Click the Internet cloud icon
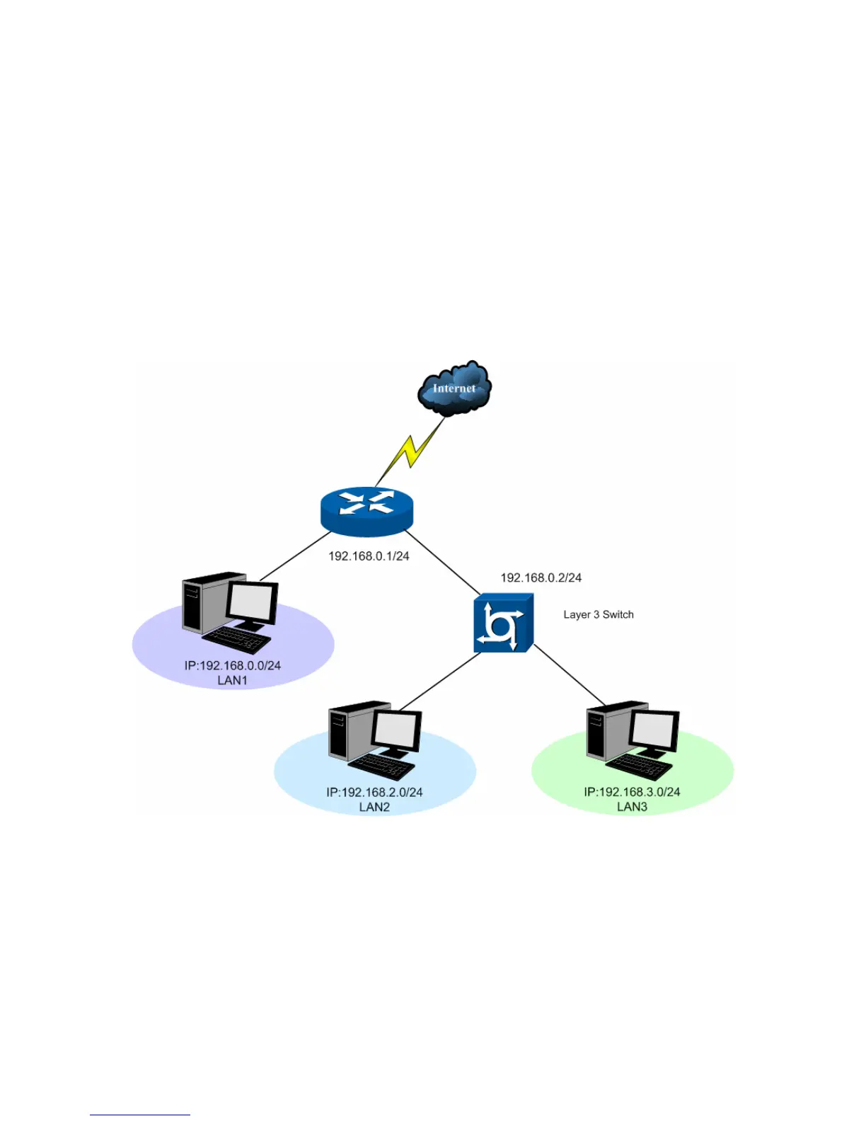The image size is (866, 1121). pyautogui.click(x=454, y=388)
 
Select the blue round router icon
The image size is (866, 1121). pyautogui.click(x=366, y=510)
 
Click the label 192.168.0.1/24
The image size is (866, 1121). pyautogui.click(x=369, y=556)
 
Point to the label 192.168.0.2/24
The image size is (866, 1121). pyautogui.click(x=541, y=578)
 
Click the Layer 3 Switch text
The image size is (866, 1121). pyautogui.click(x=598, y=614)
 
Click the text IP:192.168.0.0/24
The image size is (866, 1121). pyautogui.click(x=232, y=666)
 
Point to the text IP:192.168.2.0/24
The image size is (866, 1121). pyautogui.click(x=374, y=793)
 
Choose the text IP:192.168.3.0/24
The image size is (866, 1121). pyautogui.click(x=632, y=792)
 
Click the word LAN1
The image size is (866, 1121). pyautogui.click(x=232, y=681)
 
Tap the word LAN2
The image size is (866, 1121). pyautogui.click(x=374, y=807)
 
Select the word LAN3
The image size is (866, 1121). pyautogui.click(x=632, y=807)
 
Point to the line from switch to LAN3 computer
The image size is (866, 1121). pyautogui.click(x=570, y=676)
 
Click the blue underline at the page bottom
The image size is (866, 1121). pyautogui.click(x=139, y=1115)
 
